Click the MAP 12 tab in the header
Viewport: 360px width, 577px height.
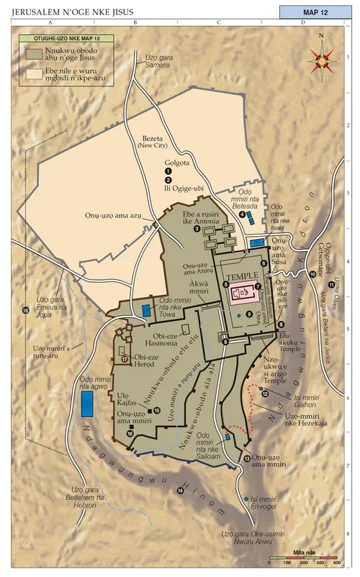pyautogui.click(x=315, y=12)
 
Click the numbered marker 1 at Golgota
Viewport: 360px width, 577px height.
pyautogui.click(x=168, y=171)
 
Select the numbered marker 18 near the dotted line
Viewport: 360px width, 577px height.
pyautogui.click(x=26, y=310)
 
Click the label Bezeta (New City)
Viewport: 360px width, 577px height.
pyautogui.click(x=152, y=144)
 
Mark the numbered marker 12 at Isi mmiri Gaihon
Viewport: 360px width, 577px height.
pyautogui.click(x=265, y=394)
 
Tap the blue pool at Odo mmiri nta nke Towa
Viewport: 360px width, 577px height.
pyautogui.click(x=148, y=310)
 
